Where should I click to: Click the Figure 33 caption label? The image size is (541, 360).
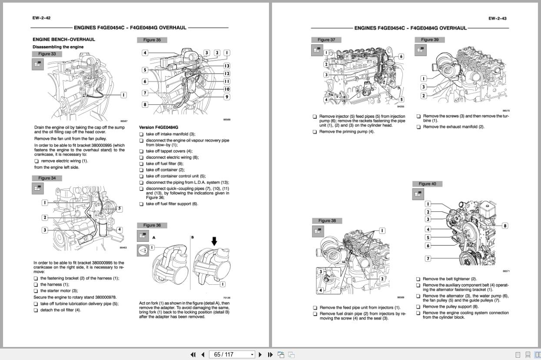click(x=47, y=54)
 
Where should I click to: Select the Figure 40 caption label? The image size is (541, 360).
click(x=427, y=184)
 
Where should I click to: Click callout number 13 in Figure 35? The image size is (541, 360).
click(x=226, y=66)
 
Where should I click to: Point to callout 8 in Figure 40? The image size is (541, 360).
click(x=505, y=226)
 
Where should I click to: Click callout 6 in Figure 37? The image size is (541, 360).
click(x=401, y=57)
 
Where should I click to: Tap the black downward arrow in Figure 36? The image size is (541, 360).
click(x=214, y=241)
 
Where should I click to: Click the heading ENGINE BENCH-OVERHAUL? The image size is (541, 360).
click(x=63, y=40)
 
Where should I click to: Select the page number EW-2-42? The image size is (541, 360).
click(x=41, y=18)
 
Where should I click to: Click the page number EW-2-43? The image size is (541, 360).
click(x=497, y=19)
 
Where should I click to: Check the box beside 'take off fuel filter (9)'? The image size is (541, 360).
click(x=141, y=164)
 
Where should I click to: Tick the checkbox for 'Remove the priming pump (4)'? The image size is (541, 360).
click(x=315, y=132)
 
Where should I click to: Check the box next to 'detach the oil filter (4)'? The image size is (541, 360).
click(x=36, y=310)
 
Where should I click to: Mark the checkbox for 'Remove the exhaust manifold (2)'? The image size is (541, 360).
click(x=418, y=127)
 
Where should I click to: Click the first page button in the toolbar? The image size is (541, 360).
click(x=193, y=354)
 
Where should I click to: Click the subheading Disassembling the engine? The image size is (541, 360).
click(x=58, y=47)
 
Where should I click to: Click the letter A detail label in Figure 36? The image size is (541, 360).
click(x=154, y=238)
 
